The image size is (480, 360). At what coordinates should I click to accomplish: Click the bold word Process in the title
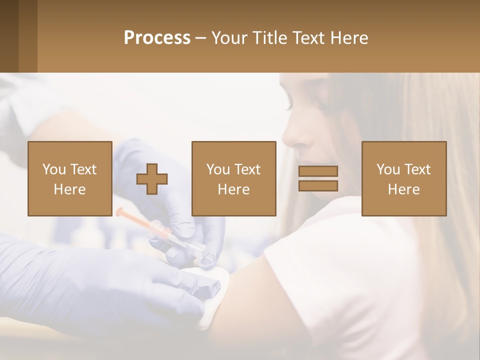(x=157, y=38)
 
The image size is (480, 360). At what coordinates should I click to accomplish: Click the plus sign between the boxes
(x=152, y=178)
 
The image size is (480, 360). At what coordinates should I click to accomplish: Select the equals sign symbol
(x=318, y=178)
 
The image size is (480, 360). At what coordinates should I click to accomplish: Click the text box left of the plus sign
(x=70, y=178)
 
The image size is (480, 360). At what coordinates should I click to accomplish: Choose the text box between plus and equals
(x=233, y=178)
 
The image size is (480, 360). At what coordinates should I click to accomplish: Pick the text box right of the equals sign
(x=403, y=178)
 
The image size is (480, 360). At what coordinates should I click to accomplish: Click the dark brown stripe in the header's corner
(x=9, y=36)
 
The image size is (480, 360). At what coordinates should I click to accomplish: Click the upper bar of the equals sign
(x=318, y=171)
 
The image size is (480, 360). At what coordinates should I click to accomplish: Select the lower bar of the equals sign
(x=318, y=186)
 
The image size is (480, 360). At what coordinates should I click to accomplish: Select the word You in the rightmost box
(x=388, y=169)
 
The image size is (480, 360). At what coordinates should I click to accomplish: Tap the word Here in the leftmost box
(x=69, y=189)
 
